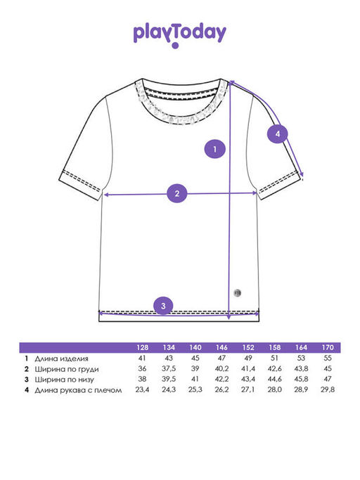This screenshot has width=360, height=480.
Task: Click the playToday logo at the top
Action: (180, 36)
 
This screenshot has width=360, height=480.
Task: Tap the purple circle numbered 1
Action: (214, 149)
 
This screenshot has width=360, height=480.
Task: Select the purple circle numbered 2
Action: (177, 193)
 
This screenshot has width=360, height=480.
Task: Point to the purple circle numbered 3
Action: (163, 306)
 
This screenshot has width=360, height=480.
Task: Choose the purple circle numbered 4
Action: (278, 134)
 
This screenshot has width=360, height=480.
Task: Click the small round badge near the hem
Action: (238, 292)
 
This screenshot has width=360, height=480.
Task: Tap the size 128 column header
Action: (142, 347)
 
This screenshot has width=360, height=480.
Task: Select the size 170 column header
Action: (328, 347)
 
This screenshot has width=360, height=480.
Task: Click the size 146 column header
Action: (221, 347)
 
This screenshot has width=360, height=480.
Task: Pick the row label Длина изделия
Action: (61, 358)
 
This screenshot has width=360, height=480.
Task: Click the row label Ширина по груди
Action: (67, 369)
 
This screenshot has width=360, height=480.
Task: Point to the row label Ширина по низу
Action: (64, 380)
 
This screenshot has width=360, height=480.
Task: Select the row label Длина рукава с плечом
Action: (78, 390)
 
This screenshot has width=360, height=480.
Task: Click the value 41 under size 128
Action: (142, 358)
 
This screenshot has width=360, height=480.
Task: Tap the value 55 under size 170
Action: (328, 358)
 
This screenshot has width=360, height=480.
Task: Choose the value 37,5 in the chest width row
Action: (169, 368)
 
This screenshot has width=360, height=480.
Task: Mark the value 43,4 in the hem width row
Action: (248, 379)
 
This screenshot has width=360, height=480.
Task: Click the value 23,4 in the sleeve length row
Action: (142, 390)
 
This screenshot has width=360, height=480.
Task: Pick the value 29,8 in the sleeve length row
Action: (328, 390)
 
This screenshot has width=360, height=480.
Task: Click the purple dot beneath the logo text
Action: (175, 46)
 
